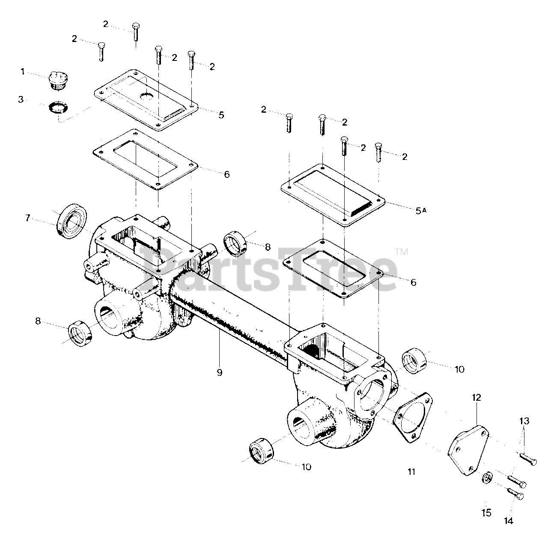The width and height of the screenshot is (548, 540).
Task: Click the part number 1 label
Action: pyautogui.click(x=23, y=72)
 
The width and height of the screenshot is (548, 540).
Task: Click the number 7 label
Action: pyautogui.click(x=27, y=218)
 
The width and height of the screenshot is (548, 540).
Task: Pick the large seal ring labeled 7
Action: pyautogui.click(x=72, y=221)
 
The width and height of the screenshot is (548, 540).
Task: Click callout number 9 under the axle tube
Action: pyautogui.click(x=219, y=372)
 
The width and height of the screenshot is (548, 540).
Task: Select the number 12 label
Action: pyautogui.click(x=477, y=398)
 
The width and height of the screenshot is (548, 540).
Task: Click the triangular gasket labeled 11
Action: pyautogui.click(x=412, y=414)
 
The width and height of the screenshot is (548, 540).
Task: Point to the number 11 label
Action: pyautogui.click(x=411, y=472)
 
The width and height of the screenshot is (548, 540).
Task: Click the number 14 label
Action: pyautogui.click(x=508, y=521)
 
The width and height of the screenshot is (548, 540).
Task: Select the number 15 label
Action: pyautogui.click(x=486, y=512)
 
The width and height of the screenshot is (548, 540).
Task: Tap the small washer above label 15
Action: pyautogui.click(x=486, y=477)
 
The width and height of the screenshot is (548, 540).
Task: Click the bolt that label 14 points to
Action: pyautogui.click(x=516, y=495)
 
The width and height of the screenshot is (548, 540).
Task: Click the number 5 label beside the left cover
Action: pyautogui.click(x=221, y=115)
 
